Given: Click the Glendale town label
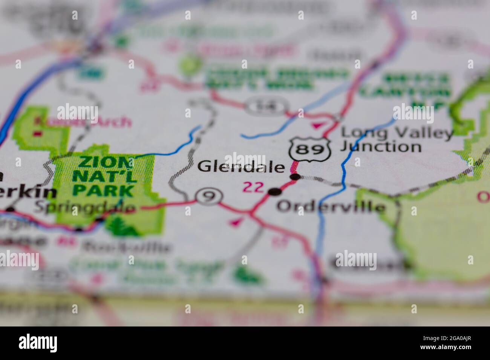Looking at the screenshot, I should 241,166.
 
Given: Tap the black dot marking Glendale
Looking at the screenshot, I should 295,177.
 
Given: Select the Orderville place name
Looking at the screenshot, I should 331,207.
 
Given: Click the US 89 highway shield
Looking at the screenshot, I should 310,149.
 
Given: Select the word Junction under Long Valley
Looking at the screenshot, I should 380,146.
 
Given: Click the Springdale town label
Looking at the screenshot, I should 84,207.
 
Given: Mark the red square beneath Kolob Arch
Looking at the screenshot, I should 37,133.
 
